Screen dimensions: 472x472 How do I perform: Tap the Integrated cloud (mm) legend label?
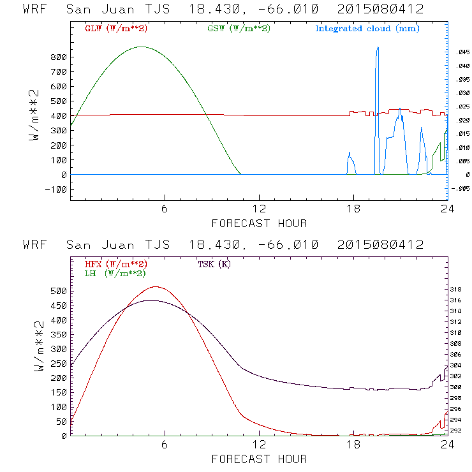pos(367,29)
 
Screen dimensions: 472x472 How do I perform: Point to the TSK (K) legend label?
pos(214,264)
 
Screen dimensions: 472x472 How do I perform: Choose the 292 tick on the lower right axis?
pos(458,431)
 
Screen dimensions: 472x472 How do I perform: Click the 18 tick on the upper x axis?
pos(353,209)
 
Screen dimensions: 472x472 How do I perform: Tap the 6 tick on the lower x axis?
pos(165,445)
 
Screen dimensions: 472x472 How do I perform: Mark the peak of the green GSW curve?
pos(141,47)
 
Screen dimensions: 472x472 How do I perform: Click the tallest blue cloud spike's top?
pos(378,47)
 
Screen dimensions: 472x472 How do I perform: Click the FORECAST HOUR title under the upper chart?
pos(258,223)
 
